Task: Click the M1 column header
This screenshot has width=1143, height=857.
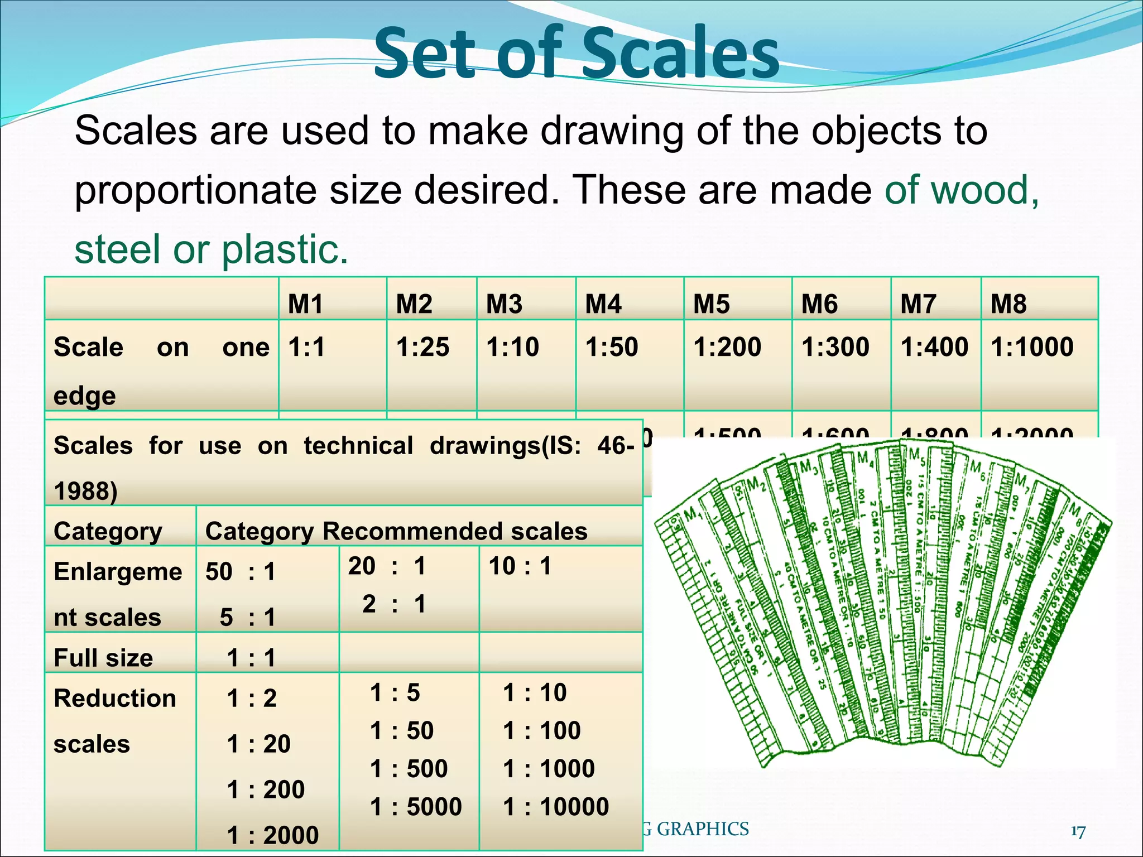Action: click(x=305, y=304)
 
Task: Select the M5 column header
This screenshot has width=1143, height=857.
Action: click(x=711, y=304)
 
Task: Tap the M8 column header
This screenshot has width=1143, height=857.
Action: click(x=1008, y=304)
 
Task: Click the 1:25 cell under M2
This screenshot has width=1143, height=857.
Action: click(x=422, y=347)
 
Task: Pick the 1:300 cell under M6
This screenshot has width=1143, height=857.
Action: click(x=835, y=347)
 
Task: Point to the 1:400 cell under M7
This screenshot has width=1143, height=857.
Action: click(x=934, y=347)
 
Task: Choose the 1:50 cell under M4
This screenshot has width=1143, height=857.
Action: click(x=611, y=347)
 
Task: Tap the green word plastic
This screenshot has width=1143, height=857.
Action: click(x=285, y=249)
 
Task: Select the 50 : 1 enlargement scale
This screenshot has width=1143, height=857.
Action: click(x=241, y=572)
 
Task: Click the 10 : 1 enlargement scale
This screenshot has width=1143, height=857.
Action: click(x=520, y=566)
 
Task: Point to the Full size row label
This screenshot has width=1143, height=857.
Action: click(x=103, y=658)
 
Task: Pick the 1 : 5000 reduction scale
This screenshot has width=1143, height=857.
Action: click(x=416, y=807)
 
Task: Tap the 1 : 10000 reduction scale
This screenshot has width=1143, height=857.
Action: click(x=556, y=807)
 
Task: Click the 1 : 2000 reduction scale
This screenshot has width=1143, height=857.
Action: click(x=273, y=835)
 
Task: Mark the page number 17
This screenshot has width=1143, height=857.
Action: click(x=1078, y=832)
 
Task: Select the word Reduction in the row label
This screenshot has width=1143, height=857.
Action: click(x=115, y=699)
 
